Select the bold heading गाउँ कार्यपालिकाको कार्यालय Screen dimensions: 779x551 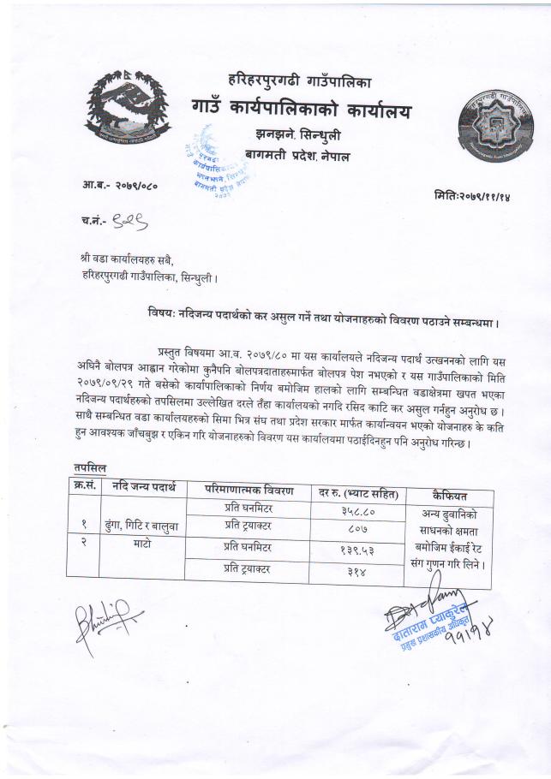[302, 110]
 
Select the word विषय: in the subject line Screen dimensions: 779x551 [163, 314]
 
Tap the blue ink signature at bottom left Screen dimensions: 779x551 [103, 615]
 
